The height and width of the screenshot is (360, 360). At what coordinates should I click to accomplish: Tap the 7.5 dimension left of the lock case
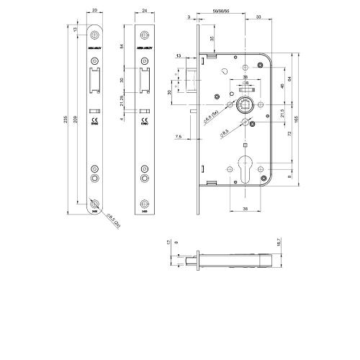176,137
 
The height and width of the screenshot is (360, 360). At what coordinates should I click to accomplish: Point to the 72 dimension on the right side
288,135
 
